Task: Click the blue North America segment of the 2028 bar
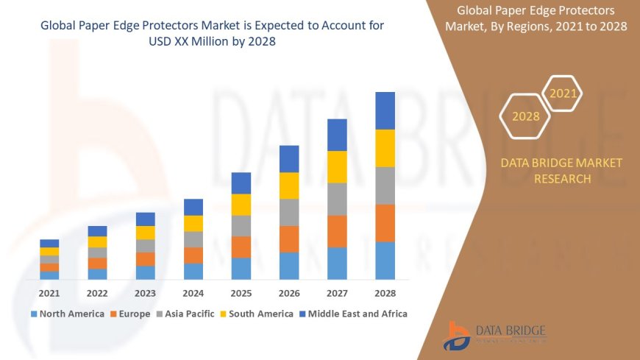tap(385, 261)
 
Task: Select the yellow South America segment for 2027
tap(337, 166)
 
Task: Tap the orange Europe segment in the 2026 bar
tap(289, 239)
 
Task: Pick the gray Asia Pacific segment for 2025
tap(241, 225)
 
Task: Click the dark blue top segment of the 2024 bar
tap(193, 207)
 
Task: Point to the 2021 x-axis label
tap(49, 293)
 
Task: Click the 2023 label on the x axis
tap(146, 293)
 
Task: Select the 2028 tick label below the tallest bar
tap(385, 293)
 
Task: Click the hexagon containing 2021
tap(563, 93)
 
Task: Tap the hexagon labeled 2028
tap(525, 116)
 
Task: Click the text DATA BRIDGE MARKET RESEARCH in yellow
tap(561, 171)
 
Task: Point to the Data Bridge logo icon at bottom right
tap(458, 336)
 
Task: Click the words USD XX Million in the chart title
tap(187, 41)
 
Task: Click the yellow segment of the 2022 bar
tap(97, 241)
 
